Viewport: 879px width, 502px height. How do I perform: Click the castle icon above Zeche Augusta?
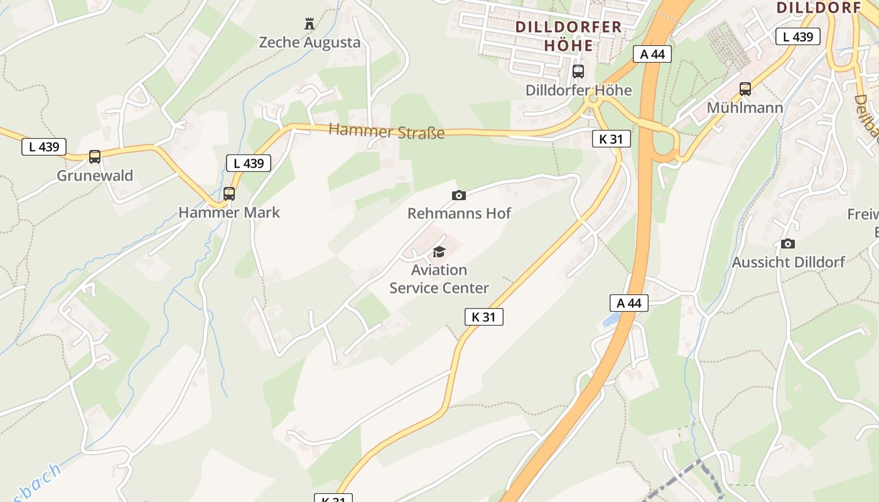[309, 24]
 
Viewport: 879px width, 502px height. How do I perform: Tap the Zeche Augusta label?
[310, 43]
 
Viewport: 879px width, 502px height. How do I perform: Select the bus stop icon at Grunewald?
[95, 156]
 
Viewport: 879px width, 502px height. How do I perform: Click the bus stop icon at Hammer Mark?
[229, 193]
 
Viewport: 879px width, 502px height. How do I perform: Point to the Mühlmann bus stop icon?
[745, 89]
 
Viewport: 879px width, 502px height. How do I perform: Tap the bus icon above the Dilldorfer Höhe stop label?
[578, 72]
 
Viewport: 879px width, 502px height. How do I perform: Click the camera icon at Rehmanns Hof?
[459, 195]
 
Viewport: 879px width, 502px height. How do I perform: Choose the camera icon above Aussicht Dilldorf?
[788, 243]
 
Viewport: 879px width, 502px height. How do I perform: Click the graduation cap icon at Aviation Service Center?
[439, 252]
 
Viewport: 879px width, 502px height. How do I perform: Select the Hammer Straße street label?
[387, 132]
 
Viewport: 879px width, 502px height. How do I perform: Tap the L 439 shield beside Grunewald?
[44, 147]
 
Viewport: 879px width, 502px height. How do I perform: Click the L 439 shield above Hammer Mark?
[249, 163]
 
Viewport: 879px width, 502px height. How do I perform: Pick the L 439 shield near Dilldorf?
[798, 36]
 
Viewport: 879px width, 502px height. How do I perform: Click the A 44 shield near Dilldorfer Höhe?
[652, 54]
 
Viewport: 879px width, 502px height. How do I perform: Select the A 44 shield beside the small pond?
[629, 304]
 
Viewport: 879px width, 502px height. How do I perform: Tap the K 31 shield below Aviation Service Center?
[483, 317]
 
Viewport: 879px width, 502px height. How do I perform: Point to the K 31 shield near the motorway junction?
[611, 139]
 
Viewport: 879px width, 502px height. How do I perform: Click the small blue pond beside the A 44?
[611, 321]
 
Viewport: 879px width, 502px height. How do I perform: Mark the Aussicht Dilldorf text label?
[788, 262]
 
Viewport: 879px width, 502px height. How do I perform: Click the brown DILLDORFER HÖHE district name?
[568, 36]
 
